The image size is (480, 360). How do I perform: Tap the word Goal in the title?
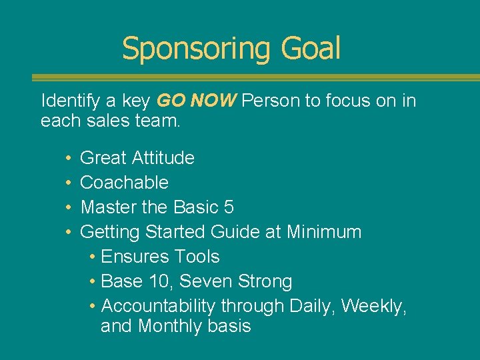311,49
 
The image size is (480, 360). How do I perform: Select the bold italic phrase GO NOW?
196,101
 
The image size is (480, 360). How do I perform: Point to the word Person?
271,101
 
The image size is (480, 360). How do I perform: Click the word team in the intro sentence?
159,121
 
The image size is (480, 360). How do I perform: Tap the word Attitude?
163,158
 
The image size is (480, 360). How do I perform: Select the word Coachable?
124,183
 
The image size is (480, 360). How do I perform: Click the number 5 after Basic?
229,207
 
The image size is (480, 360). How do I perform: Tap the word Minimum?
324,232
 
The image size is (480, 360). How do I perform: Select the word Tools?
197,257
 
